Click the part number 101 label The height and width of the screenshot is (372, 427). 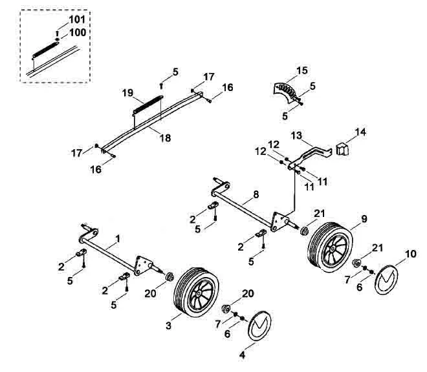point(77,19)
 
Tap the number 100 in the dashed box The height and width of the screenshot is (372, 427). point(78,33)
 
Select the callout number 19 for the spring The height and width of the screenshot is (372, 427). point(127,93)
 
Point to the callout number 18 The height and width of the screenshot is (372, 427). point(165,138)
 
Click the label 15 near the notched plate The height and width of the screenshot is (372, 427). point(302,70)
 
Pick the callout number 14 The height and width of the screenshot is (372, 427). point(360,132)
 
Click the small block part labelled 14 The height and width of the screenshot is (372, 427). point(343,149)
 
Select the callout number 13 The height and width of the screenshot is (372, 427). point(296,136)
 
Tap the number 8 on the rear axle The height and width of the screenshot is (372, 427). point(256,194)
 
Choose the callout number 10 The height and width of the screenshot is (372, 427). point(411,254)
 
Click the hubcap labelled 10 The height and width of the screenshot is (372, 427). point(386,280)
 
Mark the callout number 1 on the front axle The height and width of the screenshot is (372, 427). point(118,239)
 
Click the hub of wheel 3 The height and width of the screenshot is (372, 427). point(199,293)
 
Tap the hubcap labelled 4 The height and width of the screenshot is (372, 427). point(259,325)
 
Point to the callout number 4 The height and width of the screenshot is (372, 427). point(242,355)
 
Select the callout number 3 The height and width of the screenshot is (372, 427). point(169,325)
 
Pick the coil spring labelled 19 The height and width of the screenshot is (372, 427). point(148,105)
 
